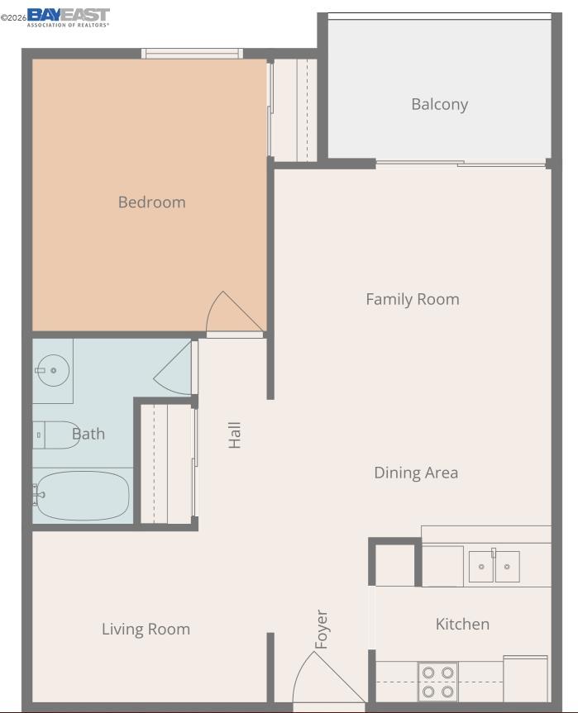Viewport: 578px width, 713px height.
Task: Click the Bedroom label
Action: (x=151, y=202)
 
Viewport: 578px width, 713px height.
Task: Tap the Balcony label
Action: (x=440, y=105)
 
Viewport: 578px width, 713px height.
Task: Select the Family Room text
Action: (x=413, y=299)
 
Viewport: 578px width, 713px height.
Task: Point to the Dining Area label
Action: (x=416, y=473)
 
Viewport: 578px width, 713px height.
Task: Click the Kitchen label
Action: (x=462, y=624)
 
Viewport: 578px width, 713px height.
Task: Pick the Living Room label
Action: (x=146, y=630)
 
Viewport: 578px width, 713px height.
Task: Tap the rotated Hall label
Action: (x=234, y=435)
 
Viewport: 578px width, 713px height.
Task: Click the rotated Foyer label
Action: (x=322, y=630)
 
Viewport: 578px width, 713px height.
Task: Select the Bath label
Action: (x=88, y=434)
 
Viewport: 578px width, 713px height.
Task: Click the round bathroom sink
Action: (x=53, y=371)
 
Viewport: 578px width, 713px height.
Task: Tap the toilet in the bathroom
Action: (x=56, y=435)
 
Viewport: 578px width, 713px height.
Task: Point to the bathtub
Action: (x=83, y=496)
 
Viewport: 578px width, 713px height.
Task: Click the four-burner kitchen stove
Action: (x=437, y=682)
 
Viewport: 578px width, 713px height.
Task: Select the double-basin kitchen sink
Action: (x=494, y=566)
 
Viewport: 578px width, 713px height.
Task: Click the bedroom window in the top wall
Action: (x=192, y=54)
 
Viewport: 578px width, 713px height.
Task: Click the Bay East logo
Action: (x=69, y=17)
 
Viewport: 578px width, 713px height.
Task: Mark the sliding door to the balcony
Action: (x=461, y=163)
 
